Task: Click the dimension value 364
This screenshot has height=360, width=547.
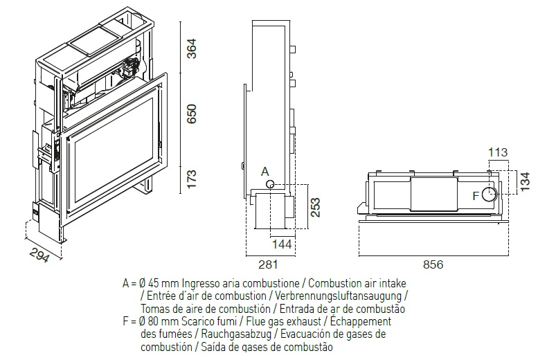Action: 192,48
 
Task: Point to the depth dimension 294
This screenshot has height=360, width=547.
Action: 39,255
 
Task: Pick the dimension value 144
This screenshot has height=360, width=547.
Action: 282,244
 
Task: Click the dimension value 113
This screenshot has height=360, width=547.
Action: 497,152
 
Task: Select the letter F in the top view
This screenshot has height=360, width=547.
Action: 476,196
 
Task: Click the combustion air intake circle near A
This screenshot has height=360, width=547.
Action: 269,184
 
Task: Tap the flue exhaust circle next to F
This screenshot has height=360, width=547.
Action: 489,195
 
